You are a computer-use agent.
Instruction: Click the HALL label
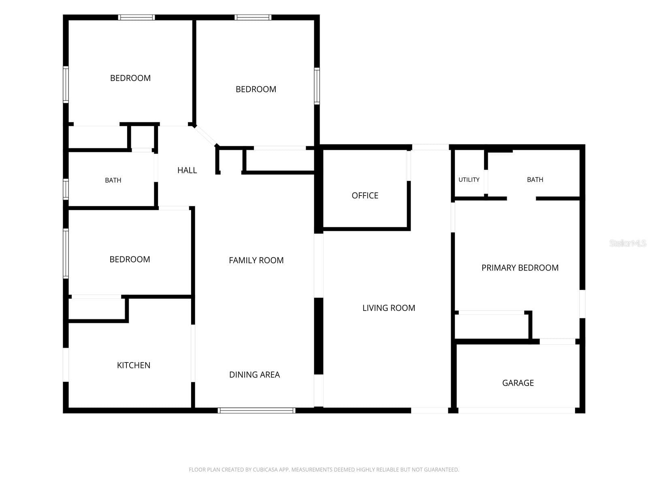pos(187,170)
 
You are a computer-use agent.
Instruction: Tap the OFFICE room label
pos(365,195)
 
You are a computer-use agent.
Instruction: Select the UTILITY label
pos(469,179)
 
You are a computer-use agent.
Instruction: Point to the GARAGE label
pos(518,383)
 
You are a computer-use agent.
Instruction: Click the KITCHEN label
pos(133,365)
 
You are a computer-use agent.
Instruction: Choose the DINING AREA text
pos(254,375)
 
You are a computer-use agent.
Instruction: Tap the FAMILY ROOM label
pos(256,260)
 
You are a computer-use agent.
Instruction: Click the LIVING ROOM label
pos(389,308)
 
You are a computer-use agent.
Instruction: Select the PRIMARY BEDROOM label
pos(520,268)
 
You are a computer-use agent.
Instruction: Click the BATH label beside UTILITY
pos(535,179)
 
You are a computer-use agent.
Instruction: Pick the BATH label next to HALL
pos(113,180)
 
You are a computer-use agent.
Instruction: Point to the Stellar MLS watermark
pos(628,243)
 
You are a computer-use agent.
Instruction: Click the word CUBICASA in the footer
pos(264,469)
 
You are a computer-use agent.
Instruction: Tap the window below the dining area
pos(256,410)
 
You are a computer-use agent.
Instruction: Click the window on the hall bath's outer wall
pos(66,189)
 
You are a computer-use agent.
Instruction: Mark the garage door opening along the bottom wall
pos(516,410)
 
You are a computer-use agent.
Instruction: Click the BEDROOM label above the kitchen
pos(130,259)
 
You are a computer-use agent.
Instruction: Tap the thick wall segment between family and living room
pos(319,336)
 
